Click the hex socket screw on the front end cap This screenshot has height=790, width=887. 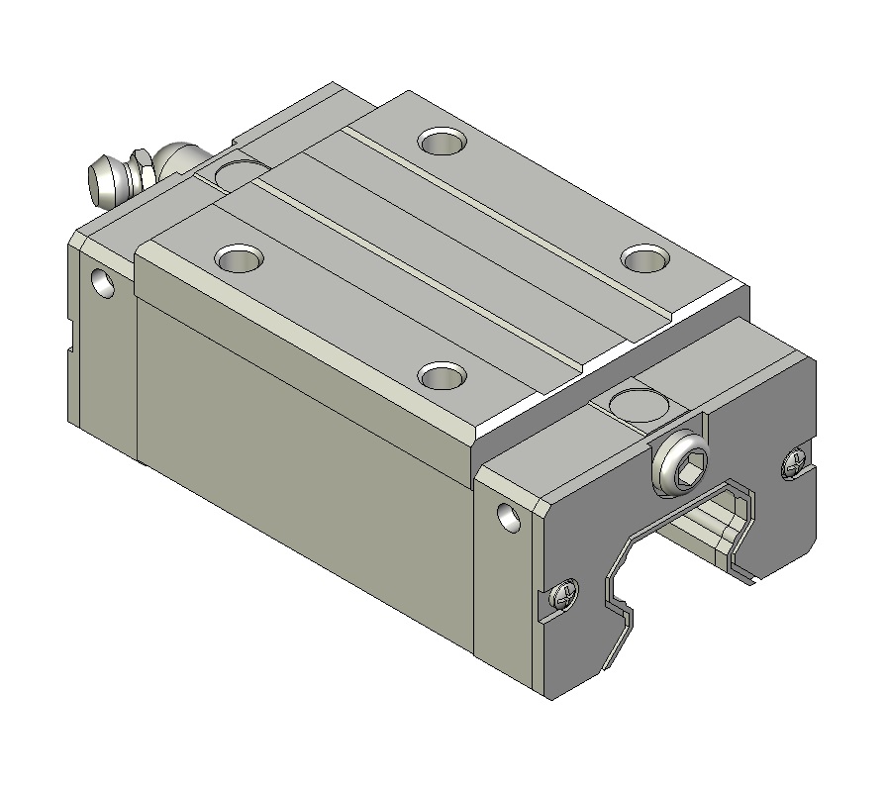(683, 463)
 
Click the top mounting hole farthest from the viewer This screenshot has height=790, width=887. (443, 142)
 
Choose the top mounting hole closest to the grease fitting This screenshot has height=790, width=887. (239, 259)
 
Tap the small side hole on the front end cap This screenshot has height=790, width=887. (508, 517)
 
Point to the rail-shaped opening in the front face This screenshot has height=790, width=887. (683, 554)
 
